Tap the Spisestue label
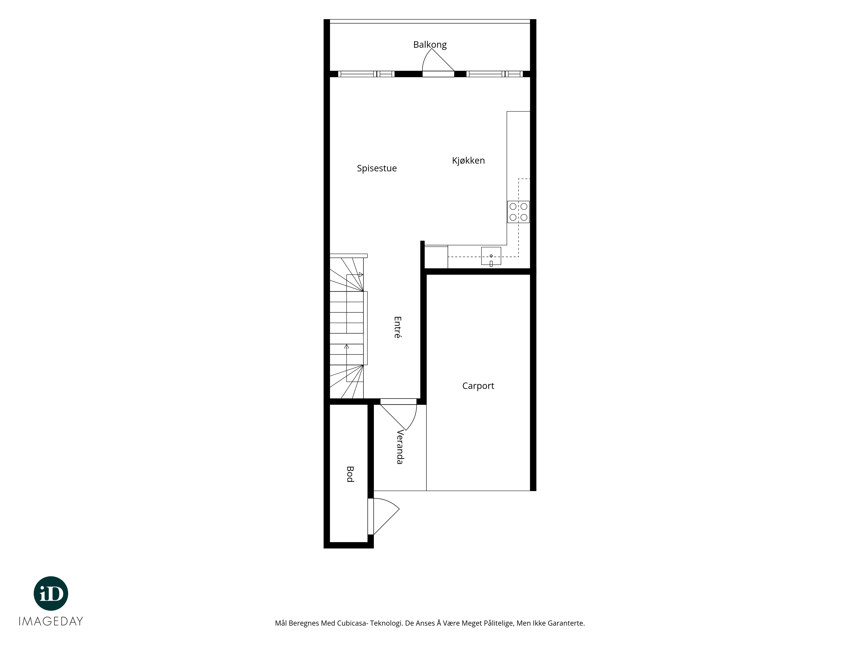click(x=377, y=168)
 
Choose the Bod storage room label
click(x=350, y=474)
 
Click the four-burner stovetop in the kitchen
click(x=518, y=212)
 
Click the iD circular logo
click(x=51, y=593)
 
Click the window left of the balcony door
click(x=366, y=74)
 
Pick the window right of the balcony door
click(x=494, y=74)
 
